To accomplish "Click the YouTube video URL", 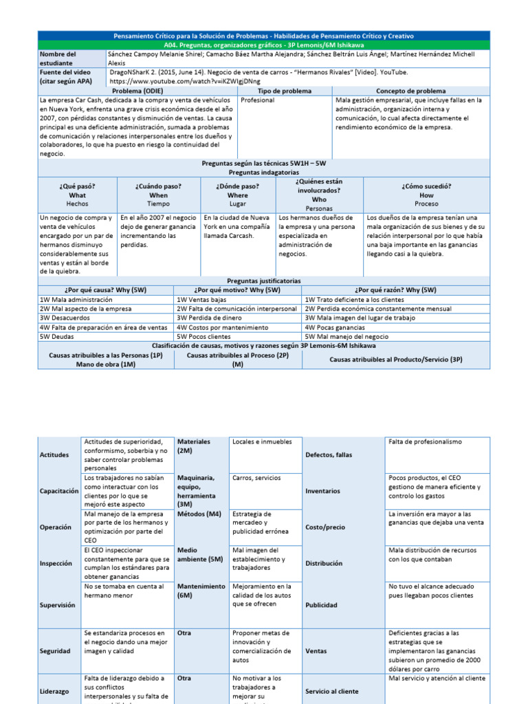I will coord(185,81).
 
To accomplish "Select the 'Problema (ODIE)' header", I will coord(138,91).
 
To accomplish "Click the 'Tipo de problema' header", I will coord(285,91).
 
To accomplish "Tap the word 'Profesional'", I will coord(258,100).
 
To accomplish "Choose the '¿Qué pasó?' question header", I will coord(78,186).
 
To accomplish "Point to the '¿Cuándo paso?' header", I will coord(159,186).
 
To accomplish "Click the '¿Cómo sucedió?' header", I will coord(426,186).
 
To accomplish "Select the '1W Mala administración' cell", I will coord(67,300).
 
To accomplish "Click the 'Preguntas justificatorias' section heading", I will coord(264,280).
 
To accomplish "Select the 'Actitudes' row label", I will coord(55,455).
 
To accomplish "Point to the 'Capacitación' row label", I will coord(59,491).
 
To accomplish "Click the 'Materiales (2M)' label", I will coord(194,445).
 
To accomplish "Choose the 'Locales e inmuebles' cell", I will coord(262,442).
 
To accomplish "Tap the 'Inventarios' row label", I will coord(322,491).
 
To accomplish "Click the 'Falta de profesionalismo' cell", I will coord(426,442).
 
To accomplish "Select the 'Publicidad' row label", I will coord(321,605).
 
